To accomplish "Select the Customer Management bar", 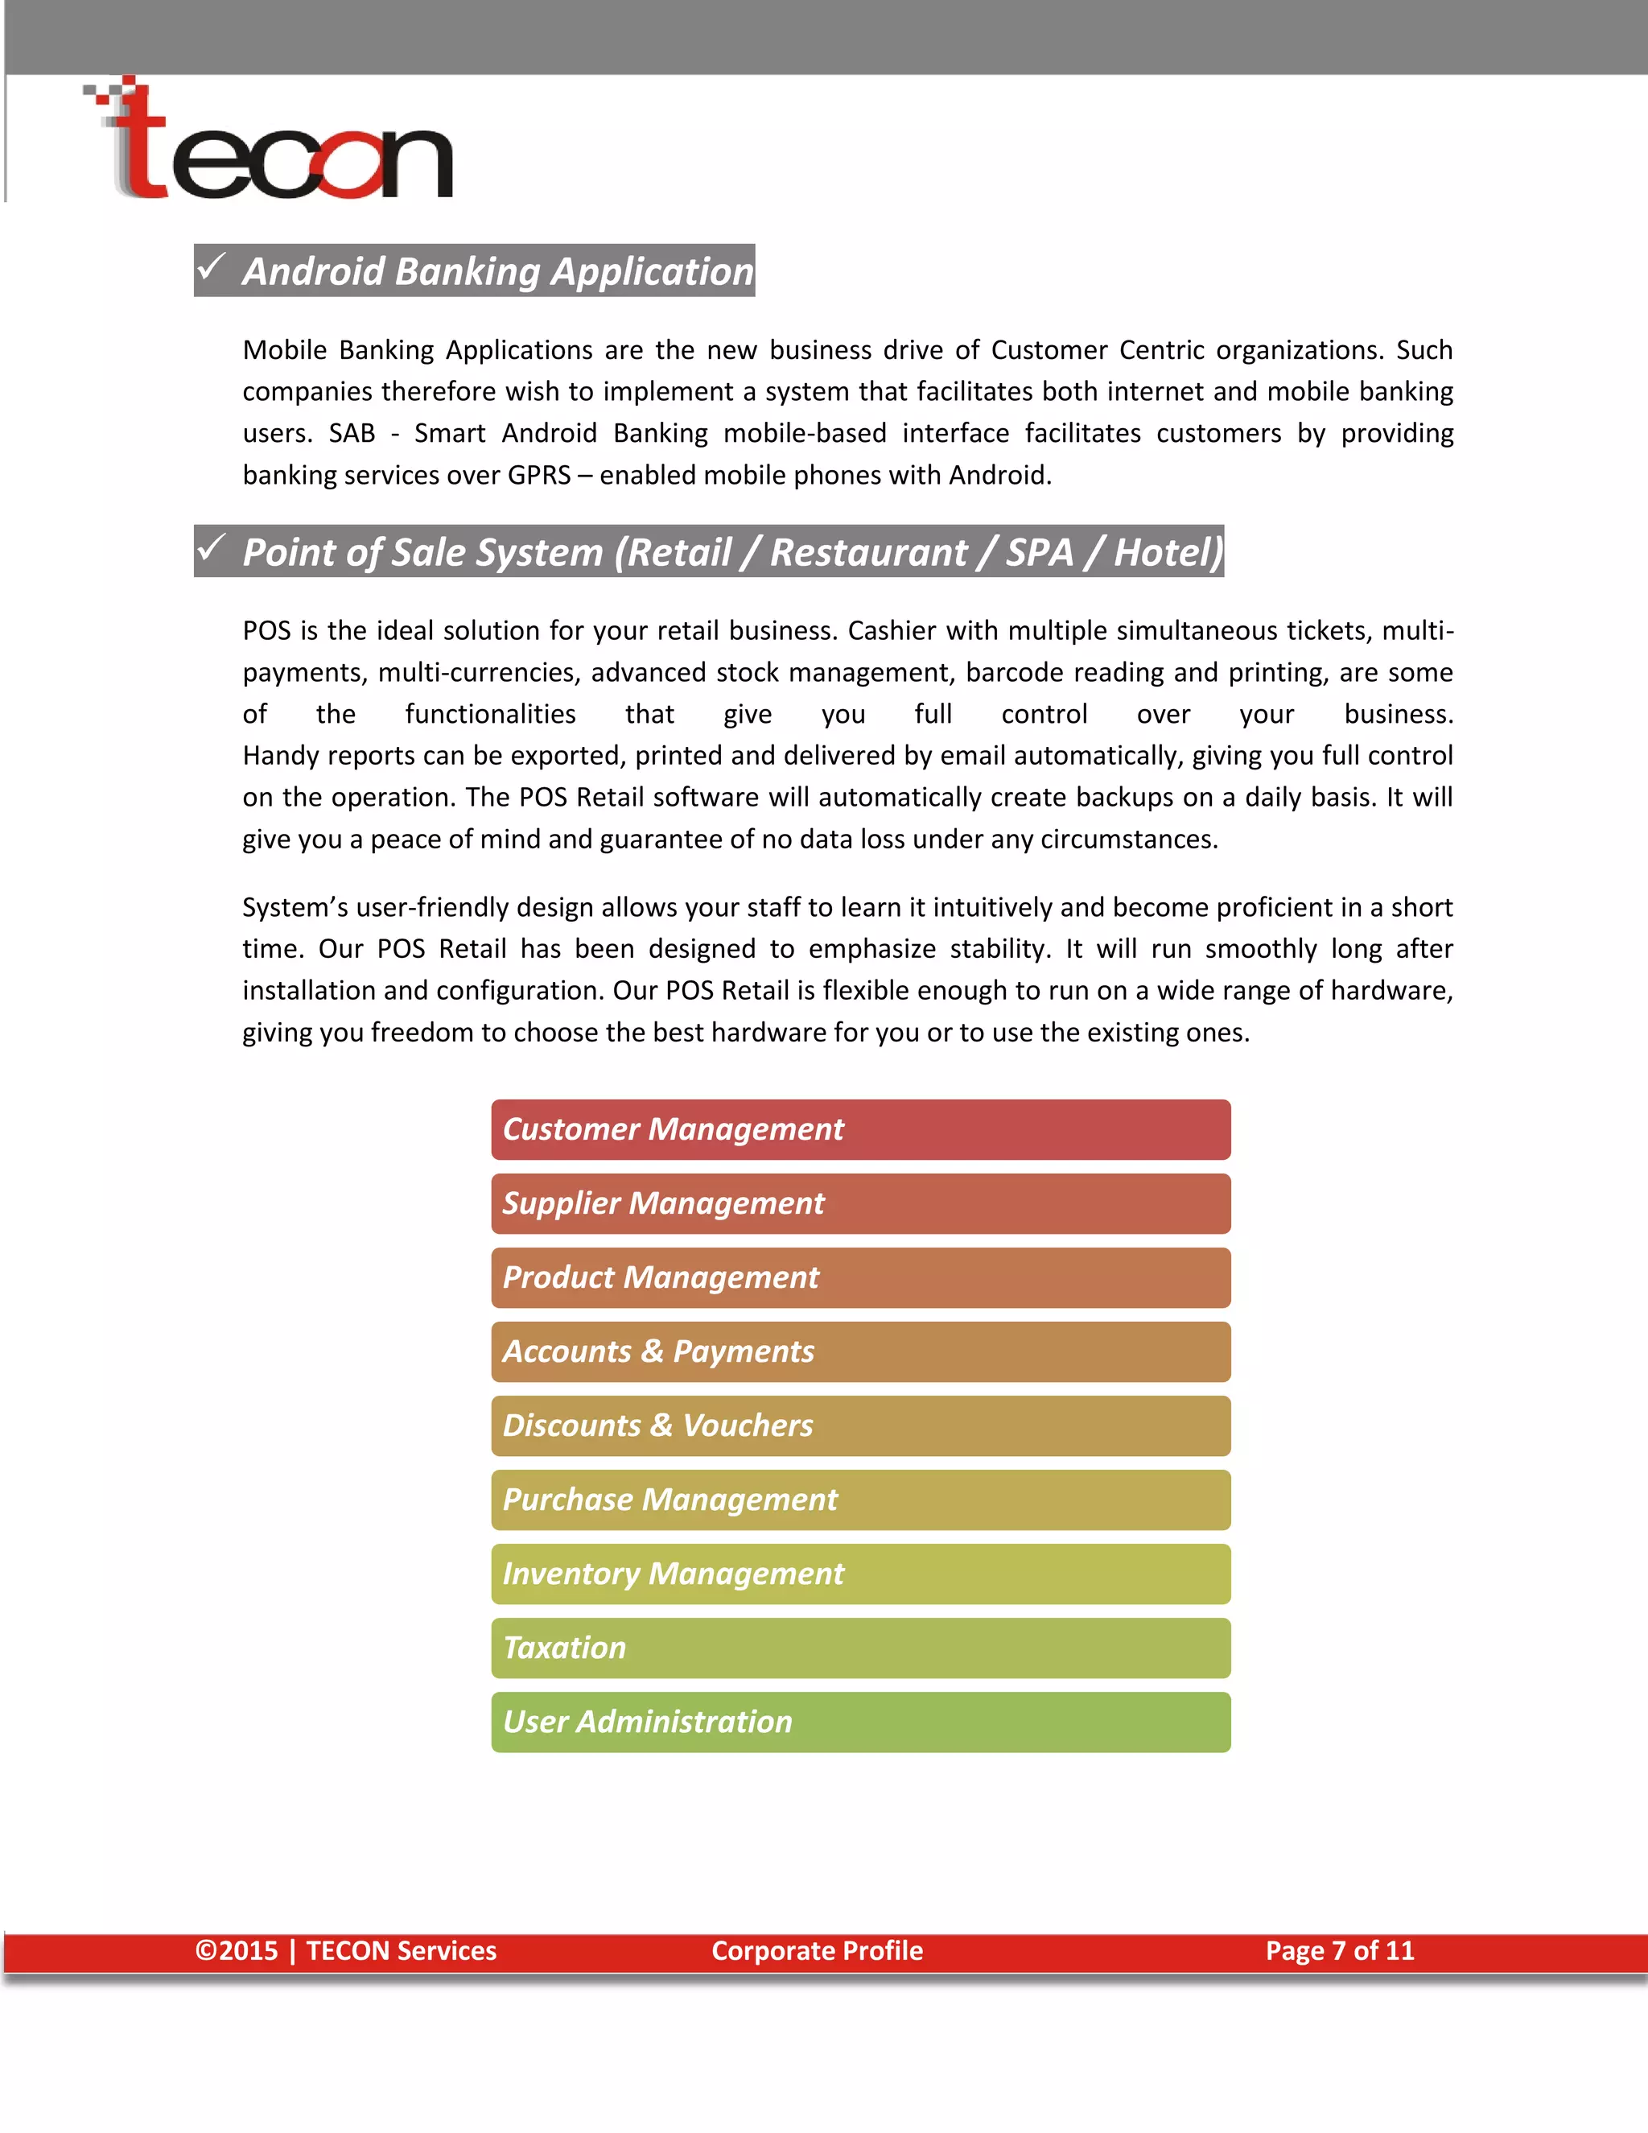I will click(860, 1130).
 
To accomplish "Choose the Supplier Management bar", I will click(860, 1204).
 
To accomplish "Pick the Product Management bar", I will click(860, 1278).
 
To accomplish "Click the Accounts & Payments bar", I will click(860, 1353).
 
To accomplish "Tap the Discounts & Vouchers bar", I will click(860, 1426).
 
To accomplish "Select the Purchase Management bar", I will click(860, 1500).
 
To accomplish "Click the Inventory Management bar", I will click(860, 1574).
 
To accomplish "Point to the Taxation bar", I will click(860, 1648).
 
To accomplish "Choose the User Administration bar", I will click(860, 1722).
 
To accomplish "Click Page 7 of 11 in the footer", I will click(1340, 1951).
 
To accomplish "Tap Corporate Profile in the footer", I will click(818, 1951).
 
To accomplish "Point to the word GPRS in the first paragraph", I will click(539, 476).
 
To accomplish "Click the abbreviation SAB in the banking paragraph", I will click(352, 434).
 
